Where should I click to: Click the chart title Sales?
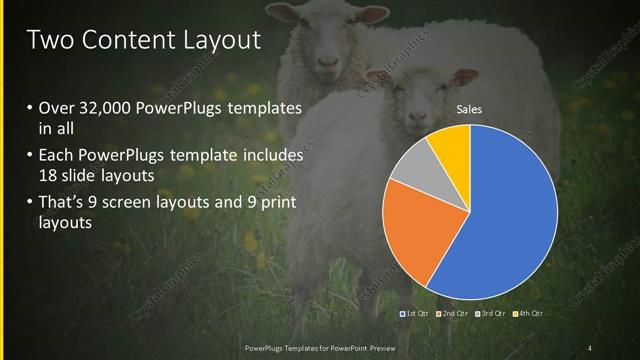[469, 110]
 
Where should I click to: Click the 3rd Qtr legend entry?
[490, 314]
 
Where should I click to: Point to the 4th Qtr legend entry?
[527, 314]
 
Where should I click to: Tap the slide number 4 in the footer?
[589, 348]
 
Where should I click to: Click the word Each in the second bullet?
[56, 156]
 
